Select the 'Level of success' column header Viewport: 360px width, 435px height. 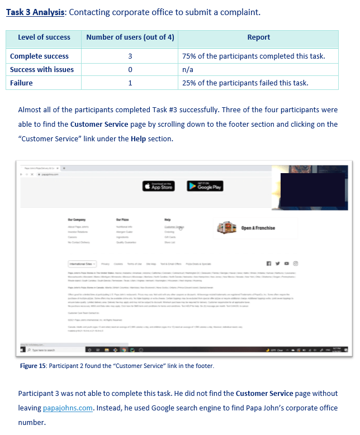(x=44, y=37)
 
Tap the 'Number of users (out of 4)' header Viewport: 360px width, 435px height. (x=130, y=37)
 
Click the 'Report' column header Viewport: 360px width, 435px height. (x=258, y=37)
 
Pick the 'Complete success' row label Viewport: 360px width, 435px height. (x=39, y=56)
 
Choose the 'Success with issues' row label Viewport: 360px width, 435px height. (x=42, y=70)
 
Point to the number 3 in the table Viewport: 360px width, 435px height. (x=130, y=56)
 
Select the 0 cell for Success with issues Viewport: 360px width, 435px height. (x=130, y=70)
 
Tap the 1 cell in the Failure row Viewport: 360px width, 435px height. (x=130, y=83)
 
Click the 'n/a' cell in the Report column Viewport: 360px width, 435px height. (x=188, y=70)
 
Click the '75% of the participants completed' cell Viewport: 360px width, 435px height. (x=253, y=56)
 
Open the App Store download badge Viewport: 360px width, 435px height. (x=158, y=187)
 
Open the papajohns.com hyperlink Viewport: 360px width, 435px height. (x=68, y=408)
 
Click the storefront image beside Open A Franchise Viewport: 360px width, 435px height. (x=227, y=228)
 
